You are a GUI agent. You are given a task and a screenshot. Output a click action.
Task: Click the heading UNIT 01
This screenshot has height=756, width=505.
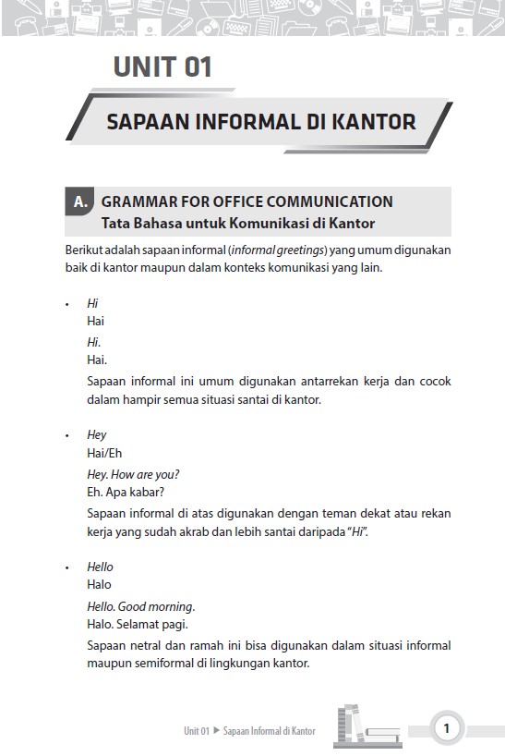[162, 67]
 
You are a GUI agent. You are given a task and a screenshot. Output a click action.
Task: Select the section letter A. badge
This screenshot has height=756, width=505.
[80, 201]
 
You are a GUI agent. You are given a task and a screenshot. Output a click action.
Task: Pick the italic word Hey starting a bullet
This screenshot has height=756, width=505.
[96, 434]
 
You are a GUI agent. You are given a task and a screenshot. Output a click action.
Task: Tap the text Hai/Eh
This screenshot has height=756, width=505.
[104, 453]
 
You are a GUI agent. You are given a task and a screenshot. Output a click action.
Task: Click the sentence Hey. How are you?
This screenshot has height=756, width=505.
[133, 475]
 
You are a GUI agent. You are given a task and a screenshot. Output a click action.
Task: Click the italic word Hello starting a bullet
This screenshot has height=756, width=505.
[100, 567]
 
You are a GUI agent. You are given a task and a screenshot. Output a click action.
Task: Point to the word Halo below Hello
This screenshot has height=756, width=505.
[99, 584]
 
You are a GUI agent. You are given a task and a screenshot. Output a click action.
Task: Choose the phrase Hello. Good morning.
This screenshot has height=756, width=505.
[140, 606]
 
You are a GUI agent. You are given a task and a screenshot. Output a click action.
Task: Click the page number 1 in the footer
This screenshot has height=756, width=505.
[447, 728]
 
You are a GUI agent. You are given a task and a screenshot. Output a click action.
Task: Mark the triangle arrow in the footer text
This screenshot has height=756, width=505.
[217, 730]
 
